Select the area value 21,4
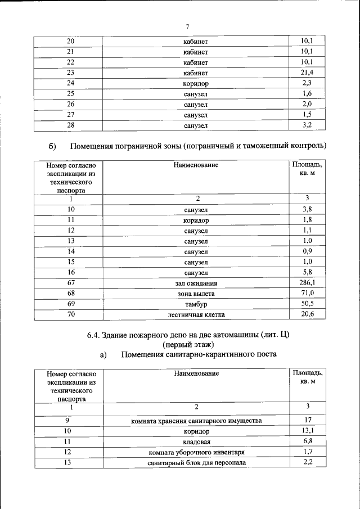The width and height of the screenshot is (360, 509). tap(307, 73)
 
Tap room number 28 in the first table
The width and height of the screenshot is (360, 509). tap(70, 126)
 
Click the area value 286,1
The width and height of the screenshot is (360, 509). tap(307, 283)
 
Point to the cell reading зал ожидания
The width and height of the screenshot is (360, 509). tap(196, 283)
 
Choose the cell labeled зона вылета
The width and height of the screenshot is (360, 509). tap(196, 294)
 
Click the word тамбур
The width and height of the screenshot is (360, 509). tap(196, 304)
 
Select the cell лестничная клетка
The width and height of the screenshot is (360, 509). tap(196, 315)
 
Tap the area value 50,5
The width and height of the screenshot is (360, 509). tap(307, 304)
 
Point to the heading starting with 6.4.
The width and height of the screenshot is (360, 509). tap(188, 335)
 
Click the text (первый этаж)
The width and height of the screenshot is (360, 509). tap(188, 345)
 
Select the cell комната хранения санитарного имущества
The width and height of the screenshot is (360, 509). tap(196, 421)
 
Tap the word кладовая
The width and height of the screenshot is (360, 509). tap(196, 442)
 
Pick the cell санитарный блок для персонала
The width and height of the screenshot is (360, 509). tap(196, 463)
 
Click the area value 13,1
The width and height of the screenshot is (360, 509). tap(307, 431)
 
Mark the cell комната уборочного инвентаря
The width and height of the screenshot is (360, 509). tap(196, 452)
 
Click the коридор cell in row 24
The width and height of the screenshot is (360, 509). tap(196, 84)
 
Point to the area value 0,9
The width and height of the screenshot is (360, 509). tap(307, 251)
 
